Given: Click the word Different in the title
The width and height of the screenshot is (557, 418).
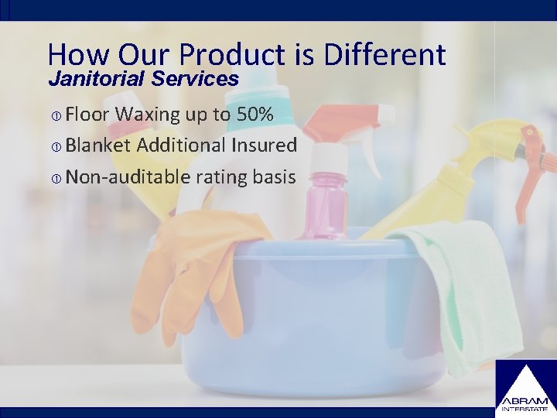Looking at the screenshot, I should click(385, 54).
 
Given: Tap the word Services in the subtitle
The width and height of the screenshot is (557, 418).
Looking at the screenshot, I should click(196, 78).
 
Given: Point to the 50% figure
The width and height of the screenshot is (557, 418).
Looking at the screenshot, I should click(255, 115).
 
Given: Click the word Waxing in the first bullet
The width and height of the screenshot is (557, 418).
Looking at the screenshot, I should click(148, 115).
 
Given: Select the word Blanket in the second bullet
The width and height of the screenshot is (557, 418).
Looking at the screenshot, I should click(101, 145).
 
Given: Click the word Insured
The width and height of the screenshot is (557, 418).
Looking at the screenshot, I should click(261, 145).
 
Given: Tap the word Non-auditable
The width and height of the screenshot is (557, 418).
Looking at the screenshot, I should click(128, 176).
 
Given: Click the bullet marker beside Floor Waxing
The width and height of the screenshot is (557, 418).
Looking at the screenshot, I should click(56, 116).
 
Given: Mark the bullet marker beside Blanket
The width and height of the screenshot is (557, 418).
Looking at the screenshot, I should click(56, 146).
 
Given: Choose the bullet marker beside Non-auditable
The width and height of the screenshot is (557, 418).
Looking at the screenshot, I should click(56, 178).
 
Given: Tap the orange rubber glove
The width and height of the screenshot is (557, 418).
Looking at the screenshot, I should click(193, 263).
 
